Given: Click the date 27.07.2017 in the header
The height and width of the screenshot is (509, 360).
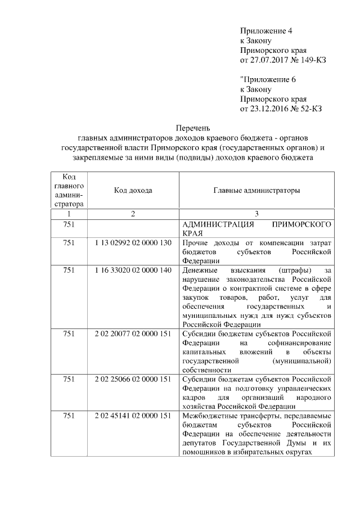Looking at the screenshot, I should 268,60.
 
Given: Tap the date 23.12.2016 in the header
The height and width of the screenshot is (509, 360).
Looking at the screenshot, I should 268,108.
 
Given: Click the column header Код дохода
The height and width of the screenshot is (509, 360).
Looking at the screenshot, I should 133,191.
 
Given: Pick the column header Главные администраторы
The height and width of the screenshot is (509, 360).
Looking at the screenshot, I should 256,191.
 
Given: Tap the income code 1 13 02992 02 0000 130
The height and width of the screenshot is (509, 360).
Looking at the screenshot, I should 133,242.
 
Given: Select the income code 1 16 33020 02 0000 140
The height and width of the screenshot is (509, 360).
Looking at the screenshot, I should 133,271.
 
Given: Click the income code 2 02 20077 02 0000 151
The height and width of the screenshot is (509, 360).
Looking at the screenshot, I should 133,334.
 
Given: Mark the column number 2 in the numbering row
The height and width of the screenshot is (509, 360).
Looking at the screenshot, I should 133,214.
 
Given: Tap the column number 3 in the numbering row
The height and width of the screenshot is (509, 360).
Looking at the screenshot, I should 256,214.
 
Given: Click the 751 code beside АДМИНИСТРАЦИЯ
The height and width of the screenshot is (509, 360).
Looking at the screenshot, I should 69,224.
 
